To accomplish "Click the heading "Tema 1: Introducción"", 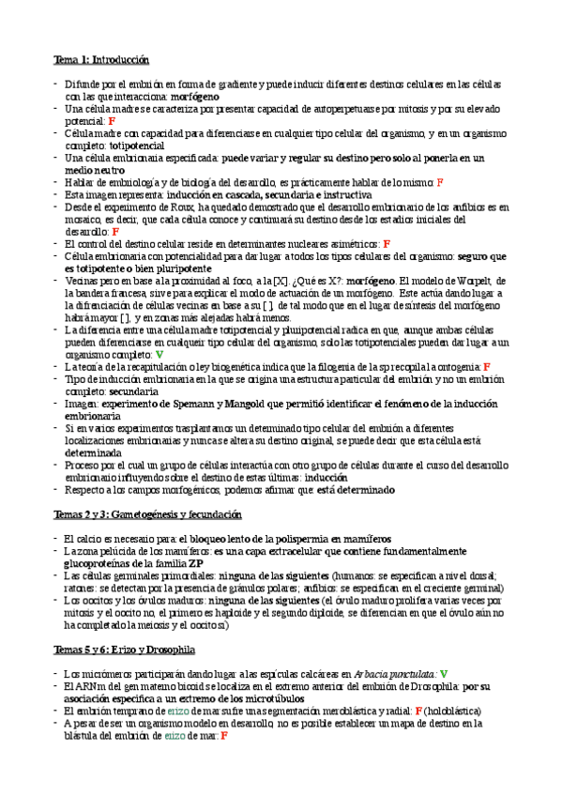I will [100, 59].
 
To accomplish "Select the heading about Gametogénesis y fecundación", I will [147, 515].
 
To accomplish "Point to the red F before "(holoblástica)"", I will [418, 711].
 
